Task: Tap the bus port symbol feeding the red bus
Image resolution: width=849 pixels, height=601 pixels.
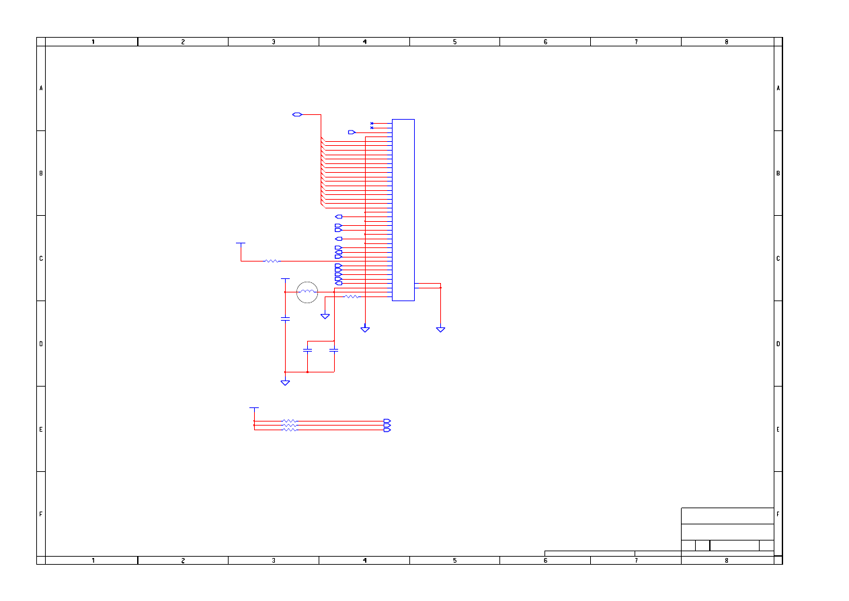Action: click(297, 114)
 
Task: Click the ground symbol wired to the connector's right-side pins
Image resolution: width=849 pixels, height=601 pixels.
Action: click(440, 329)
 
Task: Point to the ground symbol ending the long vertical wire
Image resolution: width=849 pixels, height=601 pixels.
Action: click(365, 329)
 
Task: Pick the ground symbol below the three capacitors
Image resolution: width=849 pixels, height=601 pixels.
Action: click(285, 383)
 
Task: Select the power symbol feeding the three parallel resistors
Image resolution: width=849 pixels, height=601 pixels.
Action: click(254, 409)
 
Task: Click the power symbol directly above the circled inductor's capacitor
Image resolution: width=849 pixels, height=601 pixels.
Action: click(285, 279)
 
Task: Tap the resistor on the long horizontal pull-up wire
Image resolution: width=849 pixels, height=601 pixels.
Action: click(272, 261)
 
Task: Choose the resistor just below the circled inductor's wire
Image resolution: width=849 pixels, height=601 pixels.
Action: click(352, 296)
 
